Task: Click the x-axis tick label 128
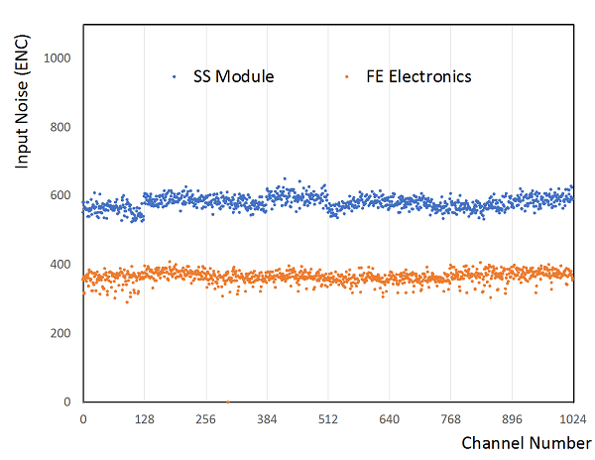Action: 145,418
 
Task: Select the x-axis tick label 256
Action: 206,418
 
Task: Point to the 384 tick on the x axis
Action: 268,418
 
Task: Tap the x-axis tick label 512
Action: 328,418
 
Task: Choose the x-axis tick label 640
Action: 390,418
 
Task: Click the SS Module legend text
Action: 234,76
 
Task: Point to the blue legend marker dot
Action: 175,76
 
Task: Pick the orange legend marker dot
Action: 346,76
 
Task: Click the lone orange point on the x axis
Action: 227,402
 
